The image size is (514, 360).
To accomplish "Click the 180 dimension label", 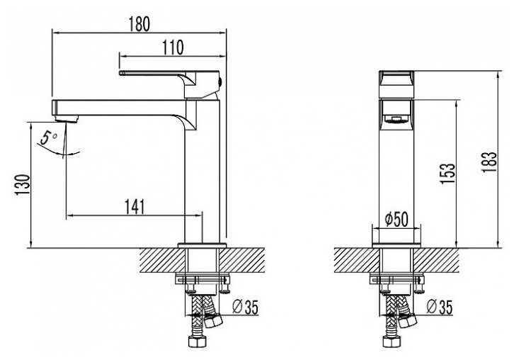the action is [x=139, y=24].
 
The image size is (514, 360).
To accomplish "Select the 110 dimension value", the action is [x=173, y=47].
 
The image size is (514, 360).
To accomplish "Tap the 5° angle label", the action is [x=48, y=137].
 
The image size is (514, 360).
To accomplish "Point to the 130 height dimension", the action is [x=22, y=184].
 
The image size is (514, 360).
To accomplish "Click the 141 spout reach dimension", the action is [x=135, y=207].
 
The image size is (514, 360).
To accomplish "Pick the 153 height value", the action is [x=447, y=173].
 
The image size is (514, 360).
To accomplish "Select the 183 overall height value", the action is [x=489, y=162].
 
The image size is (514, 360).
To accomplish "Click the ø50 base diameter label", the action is [x=397, y=219].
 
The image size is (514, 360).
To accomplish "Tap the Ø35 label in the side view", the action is [x=245, y=307].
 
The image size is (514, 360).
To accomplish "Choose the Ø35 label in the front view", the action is [x=440, y=307].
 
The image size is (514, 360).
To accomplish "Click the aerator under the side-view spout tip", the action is [x=67, y=118].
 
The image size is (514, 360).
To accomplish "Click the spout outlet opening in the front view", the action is [x=396, y=119].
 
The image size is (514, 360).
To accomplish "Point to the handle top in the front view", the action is [x=396, y=84].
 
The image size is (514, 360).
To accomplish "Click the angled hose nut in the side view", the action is [x=213, y=320].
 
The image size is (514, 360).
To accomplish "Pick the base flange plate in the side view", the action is [x=202, y=245].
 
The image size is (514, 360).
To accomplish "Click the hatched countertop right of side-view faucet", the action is [x=242, y=260].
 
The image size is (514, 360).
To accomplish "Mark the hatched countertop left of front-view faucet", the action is [x=357, y=260].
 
